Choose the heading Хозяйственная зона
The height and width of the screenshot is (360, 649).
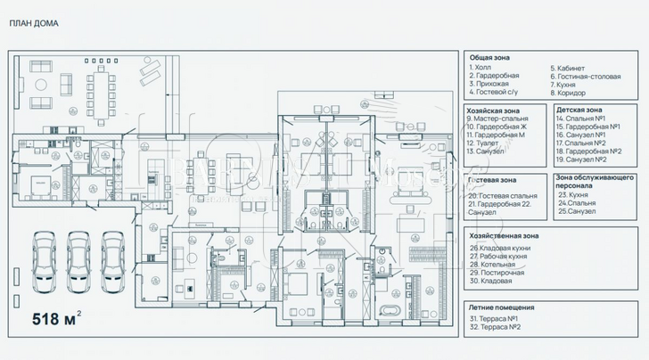[x=507, y=236]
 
